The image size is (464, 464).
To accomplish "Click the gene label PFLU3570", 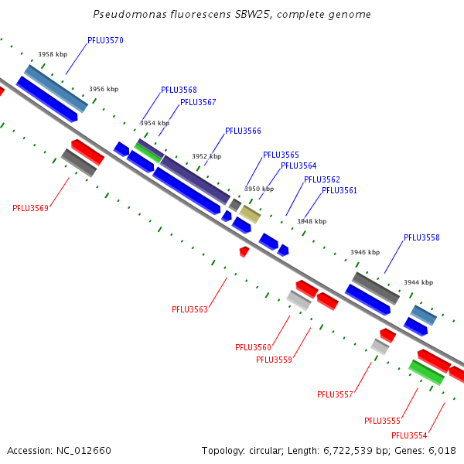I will [105, 40].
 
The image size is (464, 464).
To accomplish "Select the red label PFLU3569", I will [30, 208].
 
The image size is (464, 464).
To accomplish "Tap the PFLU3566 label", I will [243, 131].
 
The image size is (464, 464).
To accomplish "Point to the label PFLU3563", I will [189, 309].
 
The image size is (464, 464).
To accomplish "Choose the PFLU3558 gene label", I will [421, 237].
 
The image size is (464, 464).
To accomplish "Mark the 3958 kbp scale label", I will [53, 55].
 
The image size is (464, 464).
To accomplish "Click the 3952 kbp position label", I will [206, 156].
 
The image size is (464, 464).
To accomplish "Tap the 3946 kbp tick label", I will [365, 252].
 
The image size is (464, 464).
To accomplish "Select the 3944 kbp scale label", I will [418, 282].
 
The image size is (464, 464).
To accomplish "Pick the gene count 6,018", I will [441, 450].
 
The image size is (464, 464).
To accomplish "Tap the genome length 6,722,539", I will [357, 450].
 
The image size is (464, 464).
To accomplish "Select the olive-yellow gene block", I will [250, 214].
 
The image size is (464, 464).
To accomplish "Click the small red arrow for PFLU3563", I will [244, 251].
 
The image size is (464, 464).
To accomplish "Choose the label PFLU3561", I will [339, 190].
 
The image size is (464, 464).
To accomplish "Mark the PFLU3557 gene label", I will [335, 394].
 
